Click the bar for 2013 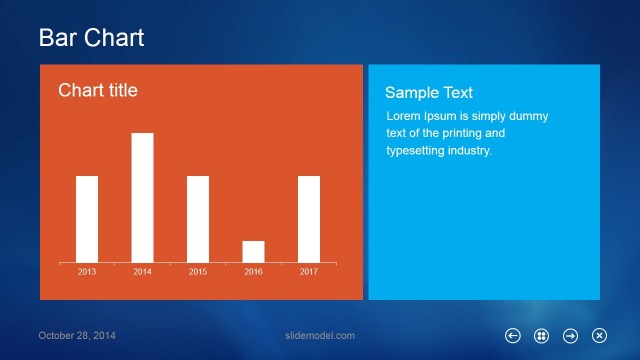(87, 219)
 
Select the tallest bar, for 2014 (142, 197)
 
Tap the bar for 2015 (198, 219)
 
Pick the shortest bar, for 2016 (253, 251)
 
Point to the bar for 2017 (309, 219)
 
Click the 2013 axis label (87, 272)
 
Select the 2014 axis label (142, 272)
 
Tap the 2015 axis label (198, 272)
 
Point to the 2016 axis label (253, 272)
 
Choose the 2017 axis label (309, 272)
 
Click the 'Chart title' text (98, 91)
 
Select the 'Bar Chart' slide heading (91, 38)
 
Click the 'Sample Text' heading (429, 92)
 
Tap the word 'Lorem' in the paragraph (404, 116)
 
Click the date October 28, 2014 (77, 335)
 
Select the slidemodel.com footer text (320, 335)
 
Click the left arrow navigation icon (513, 336)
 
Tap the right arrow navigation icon (571, 336)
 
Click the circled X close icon (600, 336)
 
